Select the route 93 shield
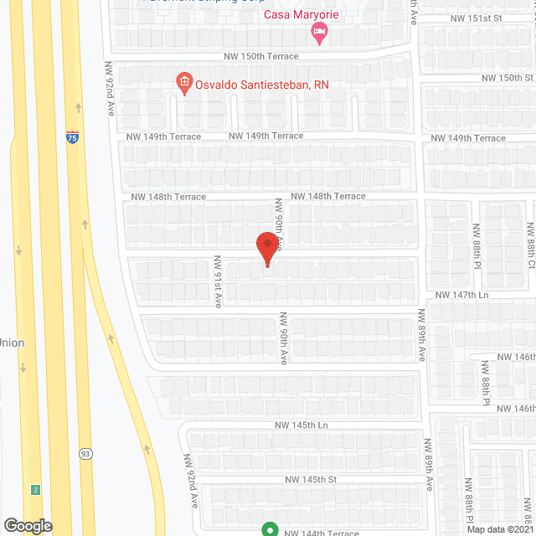pyautogui.click(x=85, y=453)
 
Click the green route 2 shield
pyautogui.click(x=35, y=489)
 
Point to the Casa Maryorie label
pyautogui.click(x=296, y=15)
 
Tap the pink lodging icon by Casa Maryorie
pyautogui.click(x=319, y=33)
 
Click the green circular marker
pyautogui.click(x=270, y=529)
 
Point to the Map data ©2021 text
pyautogui.click(x=500, y=529)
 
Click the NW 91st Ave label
pyautogui.click(x=217, y=281)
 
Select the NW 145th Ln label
pyautogui.click(x=305, y=425)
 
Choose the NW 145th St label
pyautogui.click(x=310, y=480)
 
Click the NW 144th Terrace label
pyautogui.click(x=321, y=533)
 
